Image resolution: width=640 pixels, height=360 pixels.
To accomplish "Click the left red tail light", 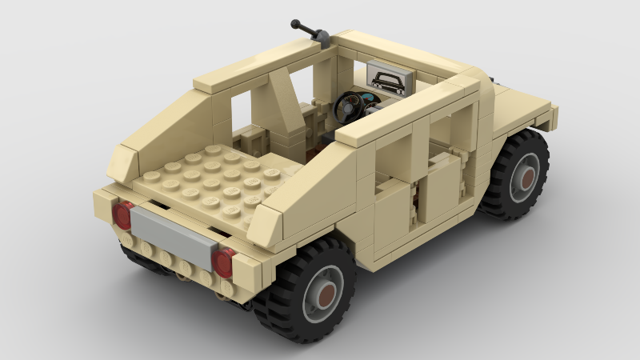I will tap(122, 215).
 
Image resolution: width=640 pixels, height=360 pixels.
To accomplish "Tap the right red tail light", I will tap(224, 262).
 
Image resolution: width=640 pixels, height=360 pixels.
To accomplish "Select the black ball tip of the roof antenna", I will tap(295, 23).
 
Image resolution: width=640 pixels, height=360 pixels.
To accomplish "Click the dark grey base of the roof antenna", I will tap(322, 35).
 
